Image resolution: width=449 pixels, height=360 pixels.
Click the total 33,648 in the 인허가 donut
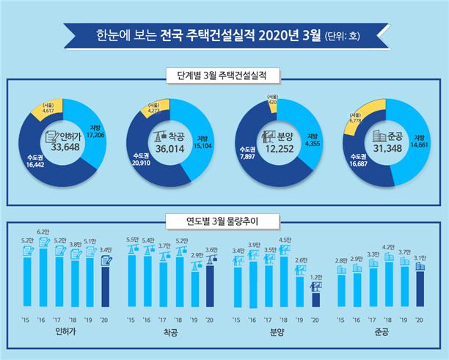click(62, 147)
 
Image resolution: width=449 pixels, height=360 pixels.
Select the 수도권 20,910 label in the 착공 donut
click(143, 158)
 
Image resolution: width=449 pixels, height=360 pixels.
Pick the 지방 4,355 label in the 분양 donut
click(313, 139)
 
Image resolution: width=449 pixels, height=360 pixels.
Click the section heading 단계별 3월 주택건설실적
click(224, 76)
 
